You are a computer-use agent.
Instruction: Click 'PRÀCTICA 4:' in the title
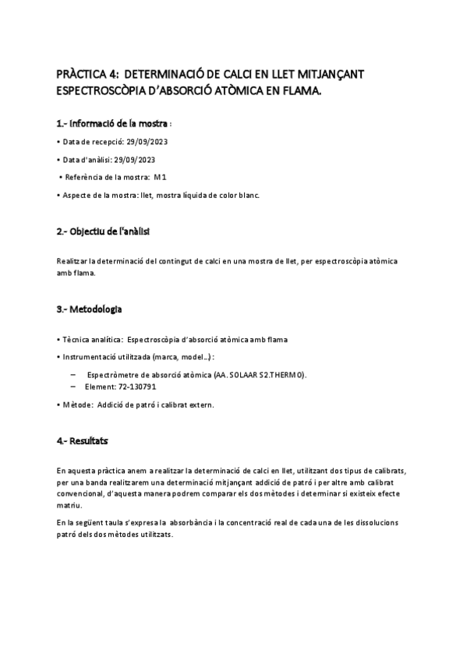87,73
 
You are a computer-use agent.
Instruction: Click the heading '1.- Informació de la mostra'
112,123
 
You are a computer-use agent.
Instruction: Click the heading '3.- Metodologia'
89,309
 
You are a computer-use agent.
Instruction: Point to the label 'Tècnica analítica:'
91,341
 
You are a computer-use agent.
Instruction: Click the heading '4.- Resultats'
82,441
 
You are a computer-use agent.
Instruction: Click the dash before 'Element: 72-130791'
73,386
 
